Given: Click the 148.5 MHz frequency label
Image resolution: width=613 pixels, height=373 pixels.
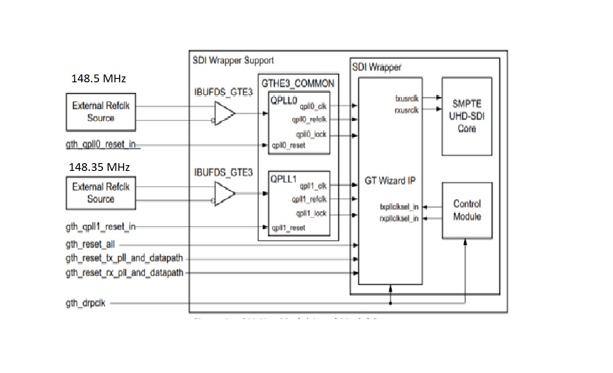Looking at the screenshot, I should click(102, 78).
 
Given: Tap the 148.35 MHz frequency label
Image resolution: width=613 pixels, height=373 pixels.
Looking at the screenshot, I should click(99, 168).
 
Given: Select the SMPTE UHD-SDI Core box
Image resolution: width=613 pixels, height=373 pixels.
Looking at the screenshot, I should click(467, 116).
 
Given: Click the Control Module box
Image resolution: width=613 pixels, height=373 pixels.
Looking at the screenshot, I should click(467, 210).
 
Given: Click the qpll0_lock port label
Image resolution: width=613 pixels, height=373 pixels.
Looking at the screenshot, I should click(311, 134).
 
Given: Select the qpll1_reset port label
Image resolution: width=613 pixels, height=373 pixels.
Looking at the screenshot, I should click(289, 227).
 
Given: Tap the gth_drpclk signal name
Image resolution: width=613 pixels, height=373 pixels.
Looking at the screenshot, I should click(86, 304).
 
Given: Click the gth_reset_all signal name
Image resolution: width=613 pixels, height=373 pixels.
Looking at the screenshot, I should click(90, 245).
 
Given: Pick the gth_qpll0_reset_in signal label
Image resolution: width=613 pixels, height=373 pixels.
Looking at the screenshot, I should click(100, 145).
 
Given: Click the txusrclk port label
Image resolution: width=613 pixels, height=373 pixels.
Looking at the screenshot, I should click(407, 98).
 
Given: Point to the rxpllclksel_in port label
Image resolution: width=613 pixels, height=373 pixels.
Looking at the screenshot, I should click(399, 219).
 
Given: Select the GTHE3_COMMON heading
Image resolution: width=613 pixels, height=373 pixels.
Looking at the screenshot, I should click(298, 84).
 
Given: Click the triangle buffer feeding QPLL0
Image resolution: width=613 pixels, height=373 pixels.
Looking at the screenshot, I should click(225, 113).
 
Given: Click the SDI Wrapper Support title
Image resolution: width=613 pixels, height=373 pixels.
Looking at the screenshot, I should click(233, 60).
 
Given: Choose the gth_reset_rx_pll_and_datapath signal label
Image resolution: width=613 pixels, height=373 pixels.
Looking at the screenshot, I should click(125, 273).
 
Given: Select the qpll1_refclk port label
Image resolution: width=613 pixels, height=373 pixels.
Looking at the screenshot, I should click(309, 199).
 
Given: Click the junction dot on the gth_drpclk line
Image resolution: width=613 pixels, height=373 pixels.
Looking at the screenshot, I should click(390, 304).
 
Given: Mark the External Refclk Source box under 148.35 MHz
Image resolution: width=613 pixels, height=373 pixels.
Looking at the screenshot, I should click(101, 193).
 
